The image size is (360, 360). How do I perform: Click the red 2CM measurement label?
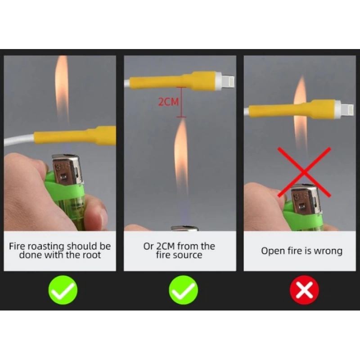click(x=168, y=102)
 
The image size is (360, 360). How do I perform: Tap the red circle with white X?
click(x=304, y=290)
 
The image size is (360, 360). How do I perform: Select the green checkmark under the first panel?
click(x=63, y=290)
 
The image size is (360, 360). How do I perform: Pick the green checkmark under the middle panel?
click(x=184, y=290)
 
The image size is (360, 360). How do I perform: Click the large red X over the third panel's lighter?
click(x=304, y=172)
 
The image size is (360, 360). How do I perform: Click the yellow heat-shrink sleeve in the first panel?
click(x=75, y=136)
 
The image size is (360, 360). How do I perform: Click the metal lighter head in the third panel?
click(x=305, y=199)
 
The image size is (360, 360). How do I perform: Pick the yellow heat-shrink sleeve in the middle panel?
click(x=173, y=81)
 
